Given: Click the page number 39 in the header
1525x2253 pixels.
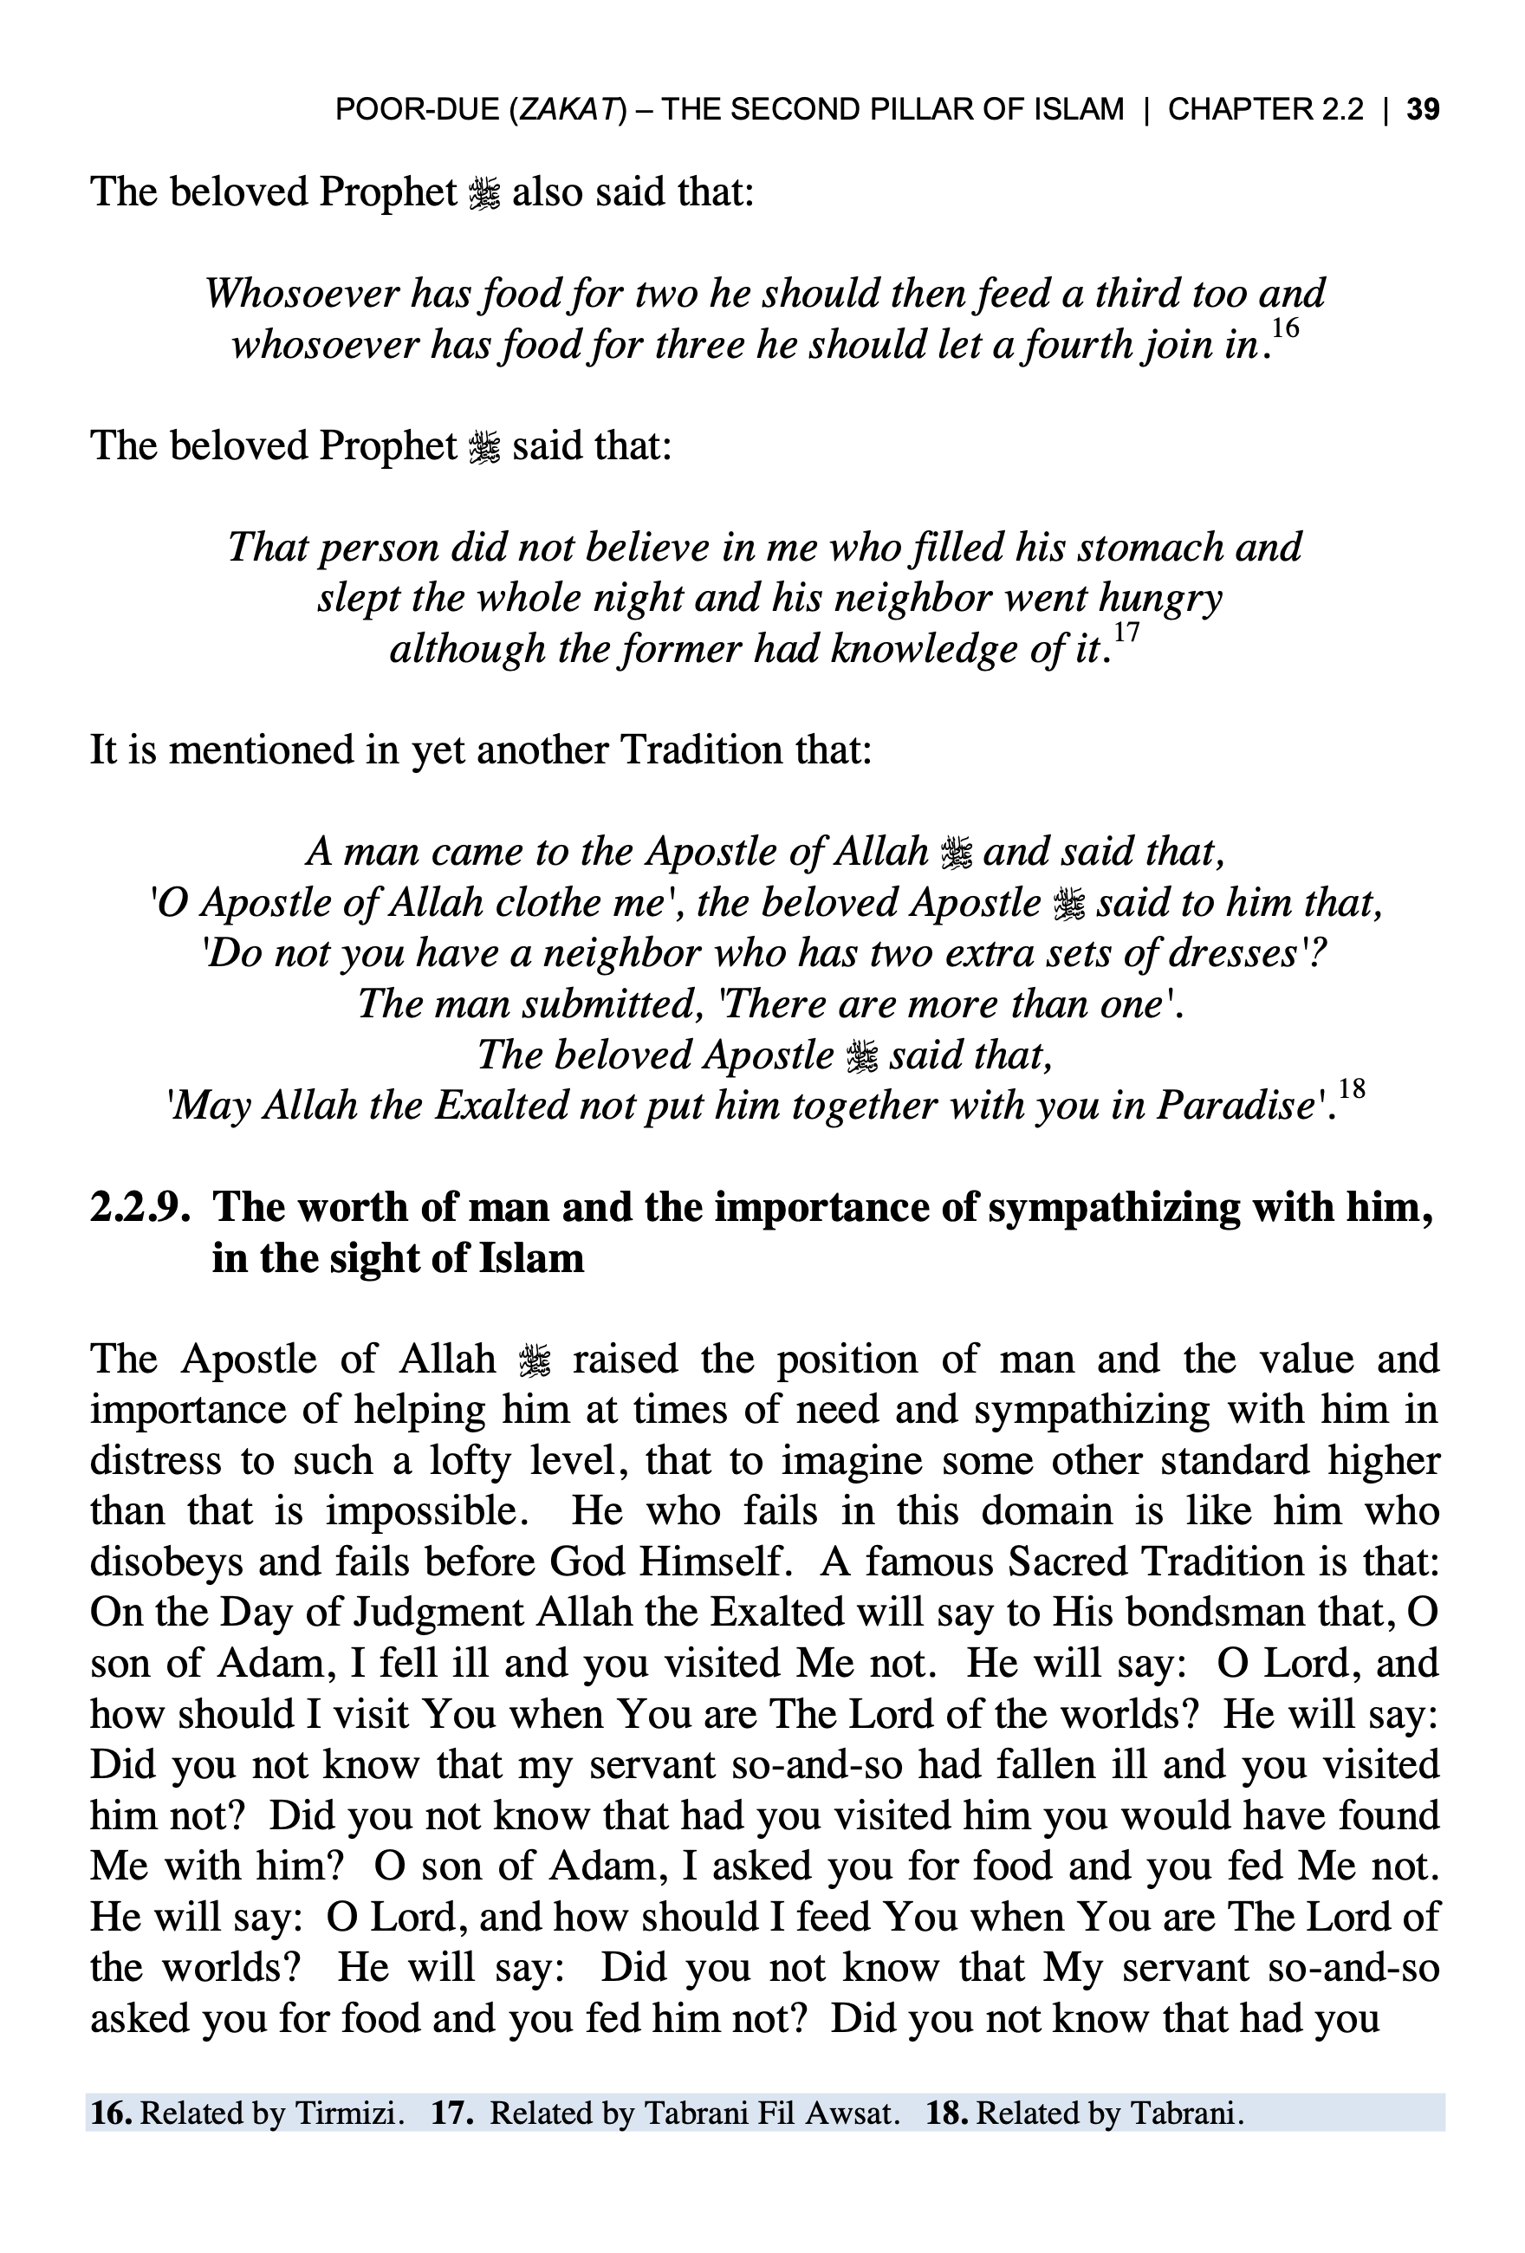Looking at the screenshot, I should point(1422,109).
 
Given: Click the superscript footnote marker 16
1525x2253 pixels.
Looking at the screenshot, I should point(1285,328).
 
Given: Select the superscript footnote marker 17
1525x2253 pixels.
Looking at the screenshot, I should point(1126,633).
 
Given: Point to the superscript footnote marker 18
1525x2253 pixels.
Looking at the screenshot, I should point(1351,1088).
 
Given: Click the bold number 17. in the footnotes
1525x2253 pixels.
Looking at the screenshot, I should point(451,2113).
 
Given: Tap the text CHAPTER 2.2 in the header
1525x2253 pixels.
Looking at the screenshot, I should point(1265,109).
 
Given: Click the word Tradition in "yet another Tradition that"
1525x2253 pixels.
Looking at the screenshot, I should point(699,750).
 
